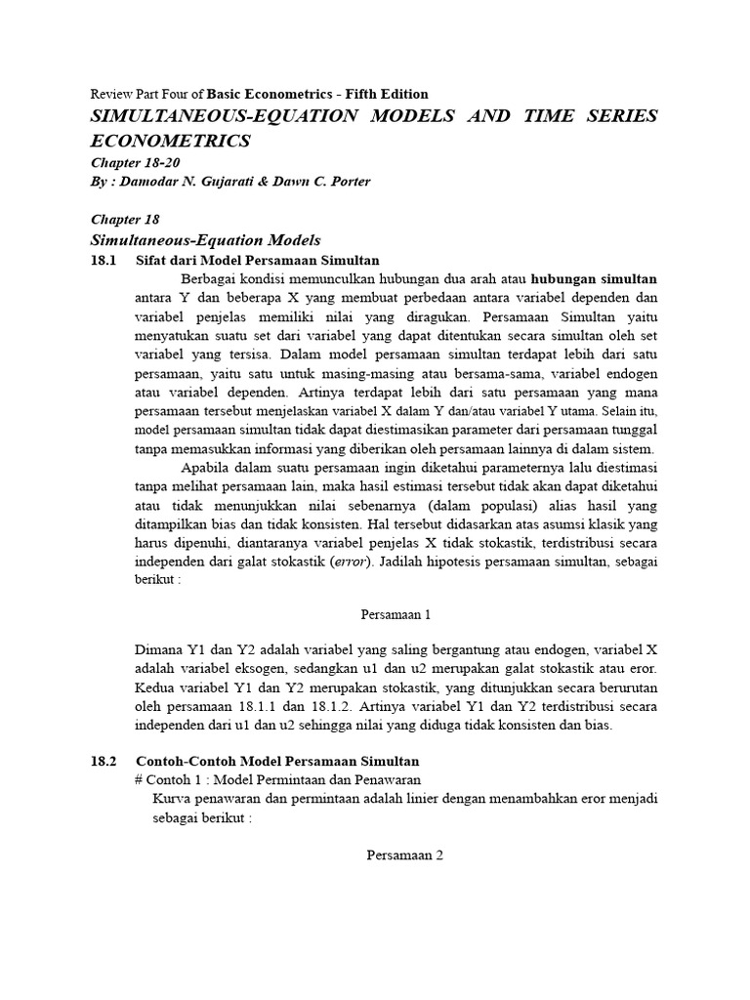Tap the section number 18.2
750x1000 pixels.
(x=103, y=760)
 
